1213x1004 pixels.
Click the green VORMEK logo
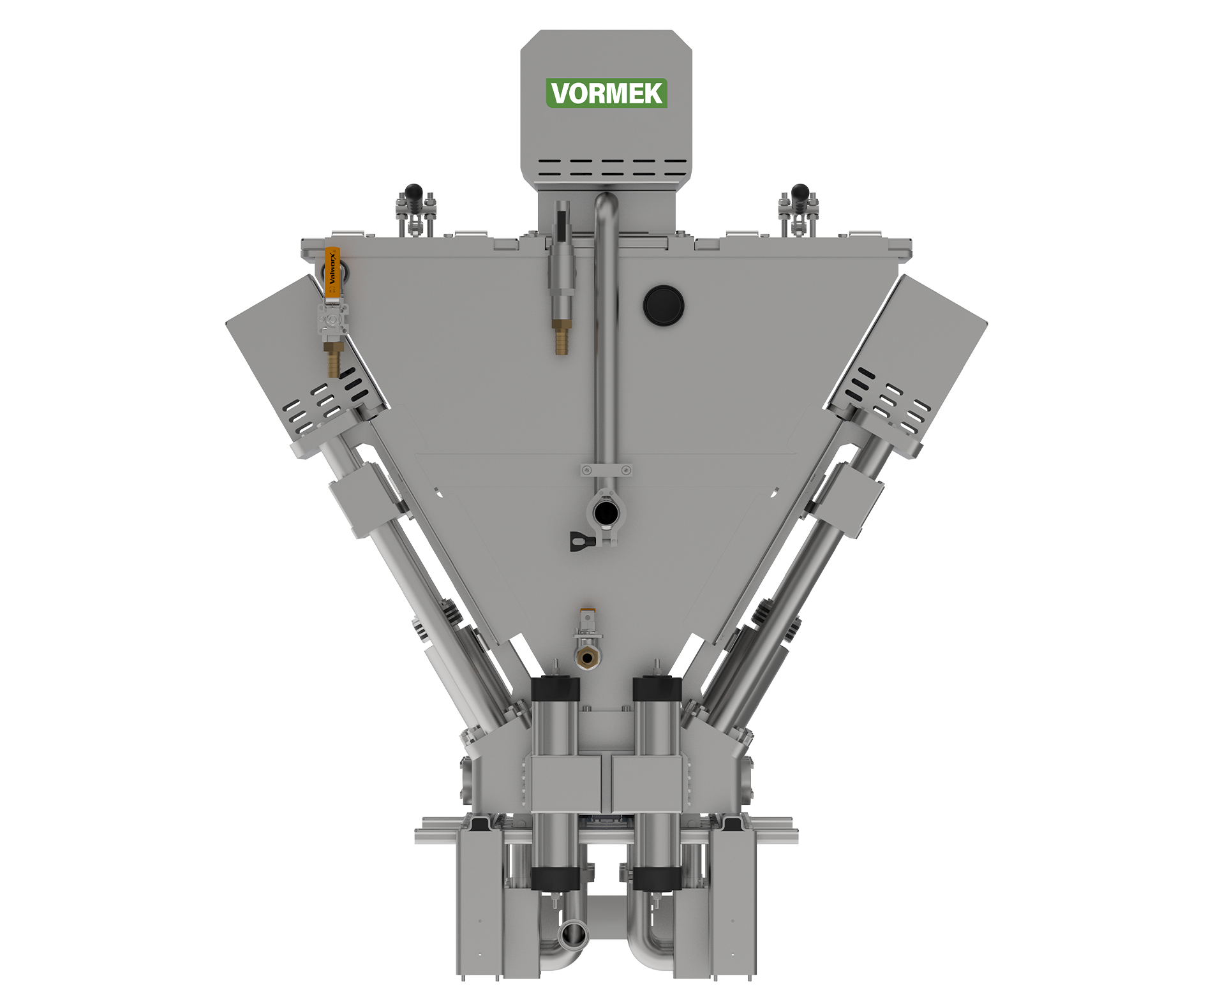(x=606, y=93)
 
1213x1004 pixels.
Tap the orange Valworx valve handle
(x=332, y=273)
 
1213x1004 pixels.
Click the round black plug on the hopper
(x=664, y=305)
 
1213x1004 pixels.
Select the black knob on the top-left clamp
(x=413, y=191)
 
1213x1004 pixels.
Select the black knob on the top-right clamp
(x=800, y=191)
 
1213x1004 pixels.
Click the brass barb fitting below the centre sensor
(x=561, y=337)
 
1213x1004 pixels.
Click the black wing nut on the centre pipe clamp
(x=581, y=542)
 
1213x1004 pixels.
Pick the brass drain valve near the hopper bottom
(x=587, y=656)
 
